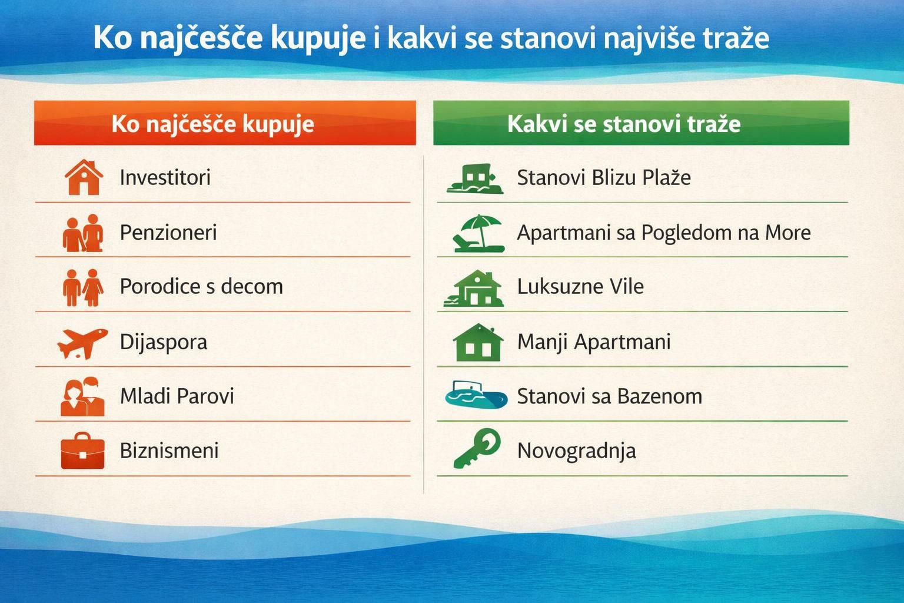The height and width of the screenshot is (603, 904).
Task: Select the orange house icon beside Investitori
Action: click(x=84, y=177)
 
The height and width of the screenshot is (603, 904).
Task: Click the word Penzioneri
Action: click(x=168, y=233)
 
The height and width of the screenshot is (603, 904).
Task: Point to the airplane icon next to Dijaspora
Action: click(x=82, y=343)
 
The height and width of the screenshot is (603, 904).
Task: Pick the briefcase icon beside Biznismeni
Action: click(x=82, y=452)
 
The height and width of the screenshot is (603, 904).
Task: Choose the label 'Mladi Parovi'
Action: click(x=177, y=396)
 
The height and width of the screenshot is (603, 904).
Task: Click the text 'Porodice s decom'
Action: click(x=201, y=287)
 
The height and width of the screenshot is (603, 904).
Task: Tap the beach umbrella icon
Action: click(x=479, y=233)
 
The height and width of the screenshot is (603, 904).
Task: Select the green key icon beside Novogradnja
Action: click(x=477, y=449)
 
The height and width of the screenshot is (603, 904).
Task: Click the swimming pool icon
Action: click(x=476, y=396)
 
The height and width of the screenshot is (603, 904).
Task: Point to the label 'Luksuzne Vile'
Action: click(x=580, y=287)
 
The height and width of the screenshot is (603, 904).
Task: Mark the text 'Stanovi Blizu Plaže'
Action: click(x=604, y=177)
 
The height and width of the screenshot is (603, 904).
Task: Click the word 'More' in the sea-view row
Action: click(x=787, y=233)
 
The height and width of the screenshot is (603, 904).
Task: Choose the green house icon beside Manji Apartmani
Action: click(x=478, y=343)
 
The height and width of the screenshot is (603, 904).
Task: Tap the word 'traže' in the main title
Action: click(x=736, y=38)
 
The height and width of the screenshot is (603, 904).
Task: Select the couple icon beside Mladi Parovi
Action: click(x=82, y=397)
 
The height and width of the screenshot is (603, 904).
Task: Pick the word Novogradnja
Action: click(x=576, y=451)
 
